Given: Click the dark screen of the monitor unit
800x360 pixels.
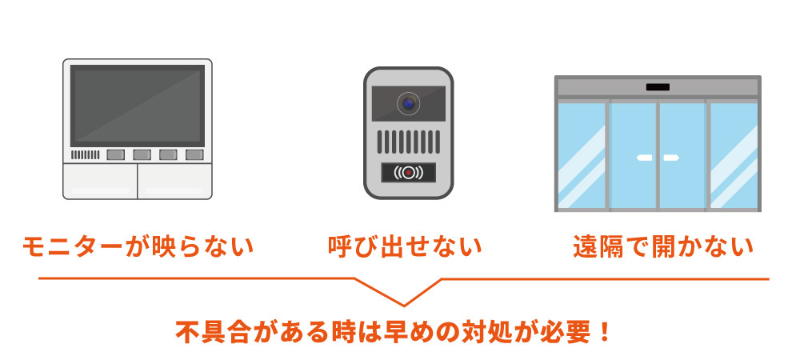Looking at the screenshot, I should [x=138, y=104].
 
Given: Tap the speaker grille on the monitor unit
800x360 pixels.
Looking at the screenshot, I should [x=85, y=154].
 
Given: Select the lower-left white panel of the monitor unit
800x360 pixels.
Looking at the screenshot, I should [x=100, y=181].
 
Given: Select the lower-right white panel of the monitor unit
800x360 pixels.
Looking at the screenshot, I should [x=174, y=181].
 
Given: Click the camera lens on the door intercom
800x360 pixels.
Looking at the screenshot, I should [x=409, y=103].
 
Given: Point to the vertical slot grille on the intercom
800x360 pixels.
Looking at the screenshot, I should [x=409, y=142].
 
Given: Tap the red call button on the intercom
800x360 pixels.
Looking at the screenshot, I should [x=409, y=172].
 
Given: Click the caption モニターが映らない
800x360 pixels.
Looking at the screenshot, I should [x=138, y=246].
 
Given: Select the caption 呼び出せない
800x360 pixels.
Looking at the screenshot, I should [x=406, y=246].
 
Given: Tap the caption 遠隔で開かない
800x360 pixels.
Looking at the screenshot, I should [x=663, y=246].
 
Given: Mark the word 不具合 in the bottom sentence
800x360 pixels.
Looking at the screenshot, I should [x=214, y=331].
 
